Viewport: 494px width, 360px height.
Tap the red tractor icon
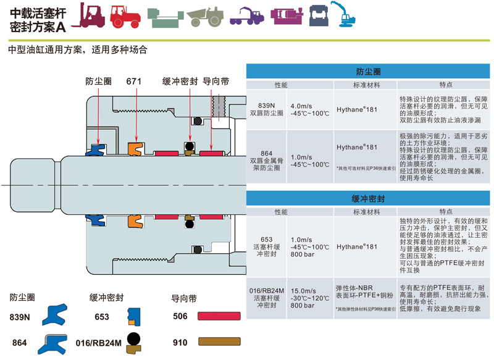(125, 16)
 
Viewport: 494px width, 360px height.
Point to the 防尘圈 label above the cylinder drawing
(98, 82)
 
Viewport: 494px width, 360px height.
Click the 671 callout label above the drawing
(135, 82)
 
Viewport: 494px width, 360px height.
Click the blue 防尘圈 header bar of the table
(369, 72)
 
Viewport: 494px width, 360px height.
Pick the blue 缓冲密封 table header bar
(369, 199)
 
